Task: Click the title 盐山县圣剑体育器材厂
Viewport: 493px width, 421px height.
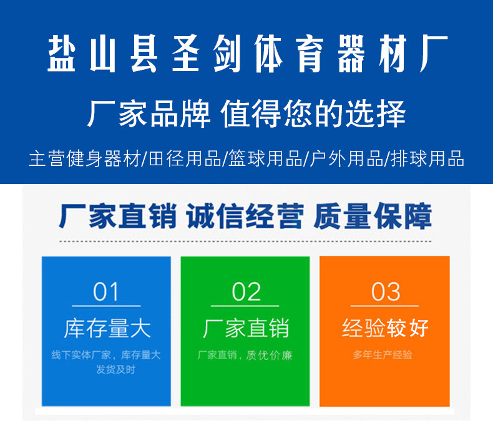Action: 248,54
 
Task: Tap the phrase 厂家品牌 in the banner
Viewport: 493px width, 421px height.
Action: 149,114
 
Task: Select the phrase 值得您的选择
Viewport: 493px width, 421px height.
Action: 313,114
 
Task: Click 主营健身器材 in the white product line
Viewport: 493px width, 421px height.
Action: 85,158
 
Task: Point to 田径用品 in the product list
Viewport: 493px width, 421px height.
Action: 185,158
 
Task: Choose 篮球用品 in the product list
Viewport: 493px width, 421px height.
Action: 265,158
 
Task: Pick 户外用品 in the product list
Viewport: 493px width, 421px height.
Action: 346,158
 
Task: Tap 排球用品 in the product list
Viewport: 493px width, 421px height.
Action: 427,158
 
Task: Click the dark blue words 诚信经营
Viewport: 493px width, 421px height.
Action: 245,216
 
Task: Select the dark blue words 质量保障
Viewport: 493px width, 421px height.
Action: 373,216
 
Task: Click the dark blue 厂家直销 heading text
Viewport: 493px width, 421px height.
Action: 117,216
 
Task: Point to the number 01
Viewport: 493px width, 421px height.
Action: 106,292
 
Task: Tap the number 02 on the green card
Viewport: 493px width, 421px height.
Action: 246,292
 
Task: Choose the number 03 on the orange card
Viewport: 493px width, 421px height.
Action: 386,292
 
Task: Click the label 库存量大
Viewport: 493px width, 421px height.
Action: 107,328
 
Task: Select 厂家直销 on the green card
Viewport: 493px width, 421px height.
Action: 246,328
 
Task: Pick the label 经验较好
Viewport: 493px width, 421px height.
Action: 385,328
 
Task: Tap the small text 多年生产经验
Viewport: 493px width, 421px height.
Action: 383,355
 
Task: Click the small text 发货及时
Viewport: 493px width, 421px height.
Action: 115,369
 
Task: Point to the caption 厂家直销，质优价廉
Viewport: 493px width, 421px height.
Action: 245,356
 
